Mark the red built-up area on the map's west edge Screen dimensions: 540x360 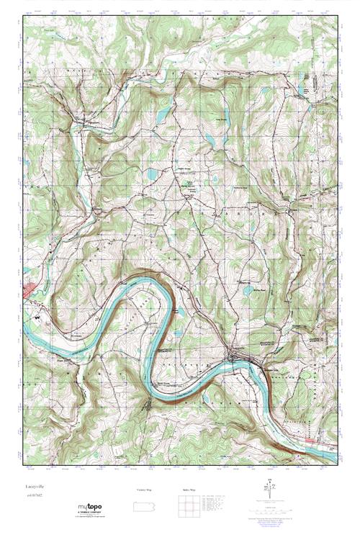click(29, 289)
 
